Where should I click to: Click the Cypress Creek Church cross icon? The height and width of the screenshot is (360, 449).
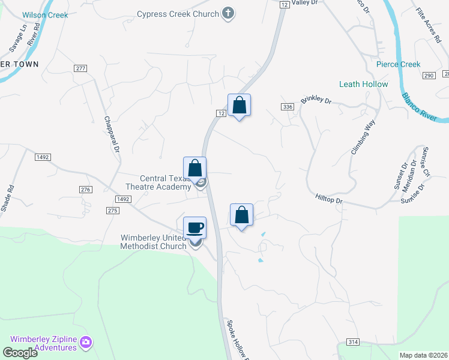(228, 13)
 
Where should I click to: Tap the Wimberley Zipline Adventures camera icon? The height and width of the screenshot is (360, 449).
(86, 343)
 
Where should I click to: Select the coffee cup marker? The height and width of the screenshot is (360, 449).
(194, 228)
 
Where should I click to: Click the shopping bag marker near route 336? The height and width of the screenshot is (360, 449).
(239, 105)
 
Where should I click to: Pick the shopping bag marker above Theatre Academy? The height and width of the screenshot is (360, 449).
(194, 168)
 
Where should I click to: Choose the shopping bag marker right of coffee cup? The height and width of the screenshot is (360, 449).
(241, 215)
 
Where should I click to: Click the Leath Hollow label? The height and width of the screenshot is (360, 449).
(363, 84)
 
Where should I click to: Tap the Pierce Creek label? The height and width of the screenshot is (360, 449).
(398, 64)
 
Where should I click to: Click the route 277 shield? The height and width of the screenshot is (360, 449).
(80, 68)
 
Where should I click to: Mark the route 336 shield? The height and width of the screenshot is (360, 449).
(288, 107)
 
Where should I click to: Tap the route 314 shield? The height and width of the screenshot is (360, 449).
(353, 342)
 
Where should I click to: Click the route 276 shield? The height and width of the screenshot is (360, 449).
(85, 189)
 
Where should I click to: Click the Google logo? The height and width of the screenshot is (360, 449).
(20, 353)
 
